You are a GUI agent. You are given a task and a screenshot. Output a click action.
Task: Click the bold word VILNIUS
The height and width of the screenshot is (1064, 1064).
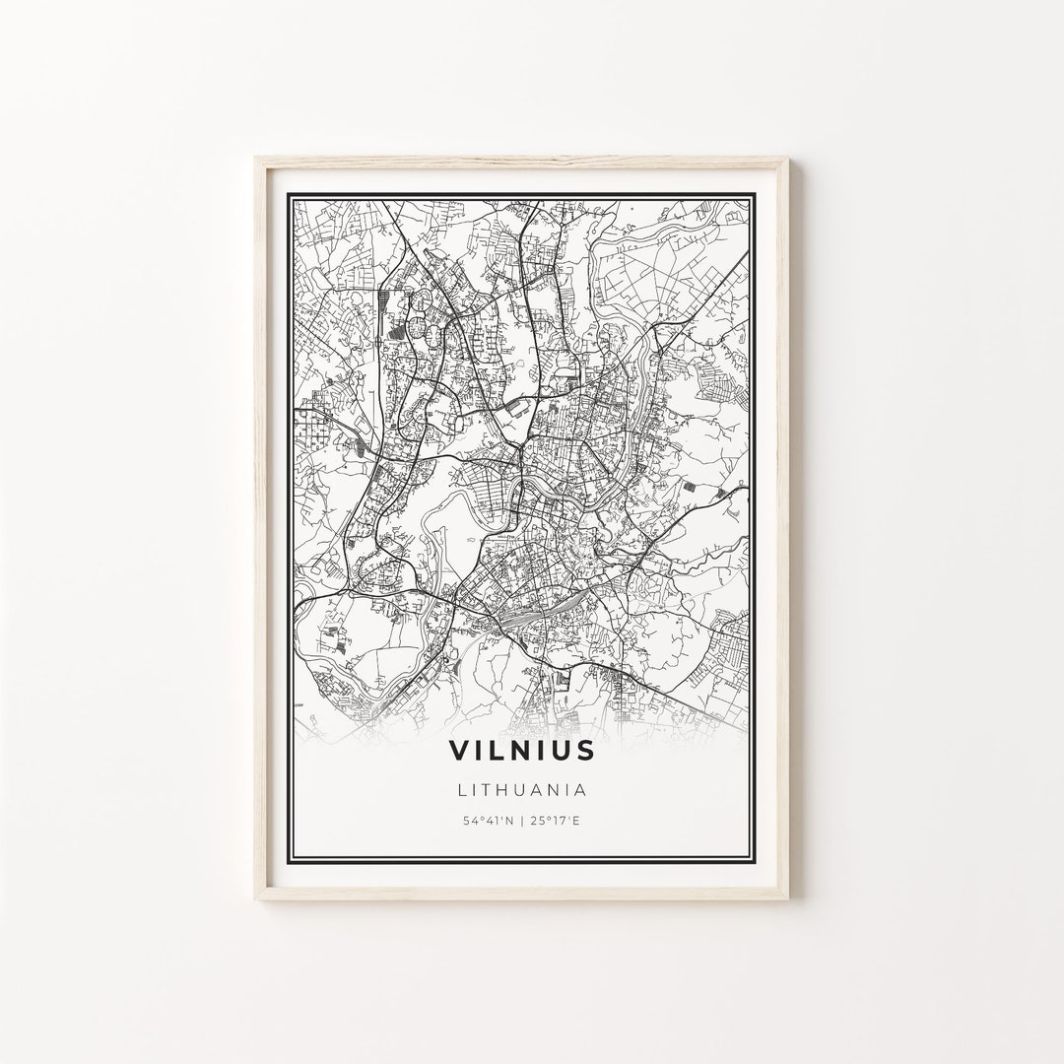click(x=522, y=750)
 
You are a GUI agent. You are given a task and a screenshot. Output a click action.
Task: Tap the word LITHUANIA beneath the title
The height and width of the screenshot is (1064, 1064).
click(x=522, y=789)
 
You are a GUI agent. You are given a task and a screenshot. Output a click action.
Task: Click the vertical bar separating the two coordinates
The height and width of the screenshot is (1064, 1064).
click(x=522, y=820)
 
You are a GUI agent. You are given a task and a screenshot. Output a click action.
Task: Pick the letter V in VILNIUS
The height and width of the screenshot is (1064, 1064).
click(x=459, y=750)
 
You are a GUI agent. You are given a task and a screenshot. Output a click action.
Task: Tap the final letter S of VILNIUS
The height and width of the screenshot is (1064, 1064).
click(x=586, y=750)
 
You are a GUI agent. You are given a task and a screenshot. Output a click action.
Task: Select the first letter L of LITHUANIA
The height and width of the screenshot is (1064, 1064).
click(x=461, y=789)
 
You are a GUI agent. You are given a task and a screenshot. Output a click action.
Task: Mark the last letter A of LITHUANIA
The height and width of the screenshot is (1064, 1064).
click(x=582, y=789)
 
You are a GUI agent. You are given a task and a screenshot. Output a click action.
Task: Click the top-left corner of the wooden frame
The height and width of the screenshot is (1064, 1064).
click(x=256, y=158)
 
